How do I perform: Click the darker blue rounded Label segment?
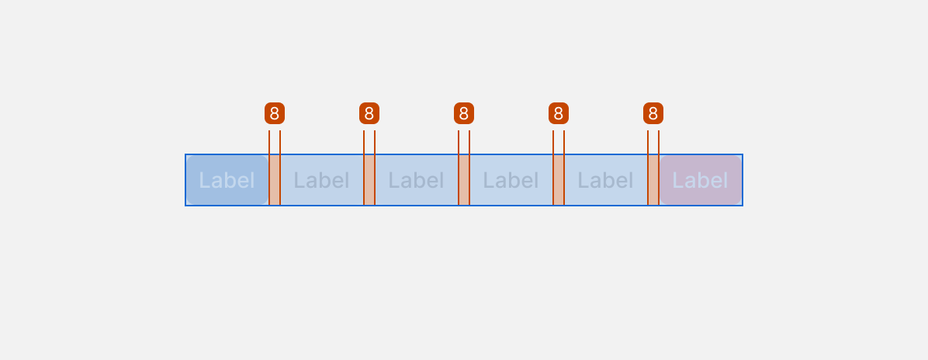coord(227,180)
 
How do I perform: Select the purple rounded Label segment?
coord(701,180)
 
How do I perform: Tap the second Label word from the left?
coord(321,180)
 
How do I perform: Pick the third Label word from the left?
coord(416,180)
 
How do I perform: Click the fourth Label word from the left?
coord(511,180)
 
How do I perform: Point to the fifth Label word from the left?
coord(605,180)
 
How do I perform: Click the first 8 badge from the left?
coord(275,113)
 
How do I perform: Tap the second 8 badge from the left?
coord(369,113)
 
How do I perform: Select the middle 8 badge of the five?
coord(464,113)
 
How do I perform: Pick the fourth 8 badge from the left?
coord(559,113)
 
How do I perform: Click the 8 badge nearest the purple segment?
coord(653,113)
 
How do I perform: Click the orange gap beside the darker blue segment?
coord(275,180)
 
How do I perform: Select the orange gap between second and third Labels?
coord(369,180)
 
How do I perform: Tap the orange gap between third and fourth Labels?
coord(464,180)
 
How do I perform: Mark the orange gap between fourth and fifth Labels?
coord(559,180)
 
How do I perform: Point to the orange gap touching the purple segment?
coord(653,180)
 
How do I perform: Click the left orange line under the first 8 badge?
coord(269,168)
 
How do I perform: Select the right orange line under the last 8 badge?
coord(659,168)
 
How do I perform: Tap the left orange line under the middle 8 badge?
coord(459,168)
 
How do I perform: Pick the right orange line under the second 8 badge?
coord(375,168)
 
